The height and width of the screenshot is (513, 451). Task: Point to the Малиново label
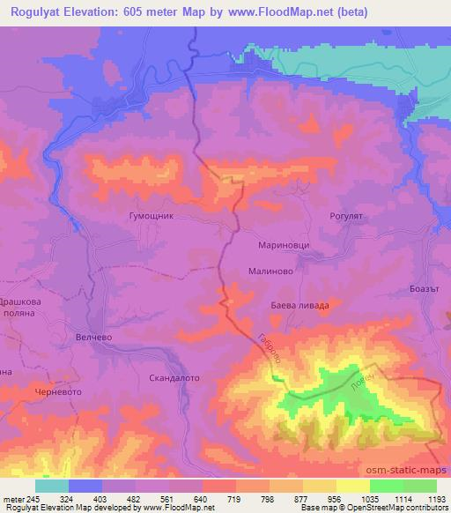click(270, 273)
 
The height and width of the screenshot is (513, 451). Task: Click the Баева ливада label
click(299, 306)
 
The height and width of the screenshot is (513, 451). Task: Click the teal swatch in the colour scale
click(52, 486)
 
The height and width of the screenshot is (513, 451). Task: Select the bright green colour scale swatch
click(387, 486)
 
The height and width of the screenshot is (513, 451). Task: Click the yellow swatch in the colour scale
click(353, 486)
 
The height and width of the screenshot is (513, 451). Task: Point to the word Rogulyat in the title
click(36, 11)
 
